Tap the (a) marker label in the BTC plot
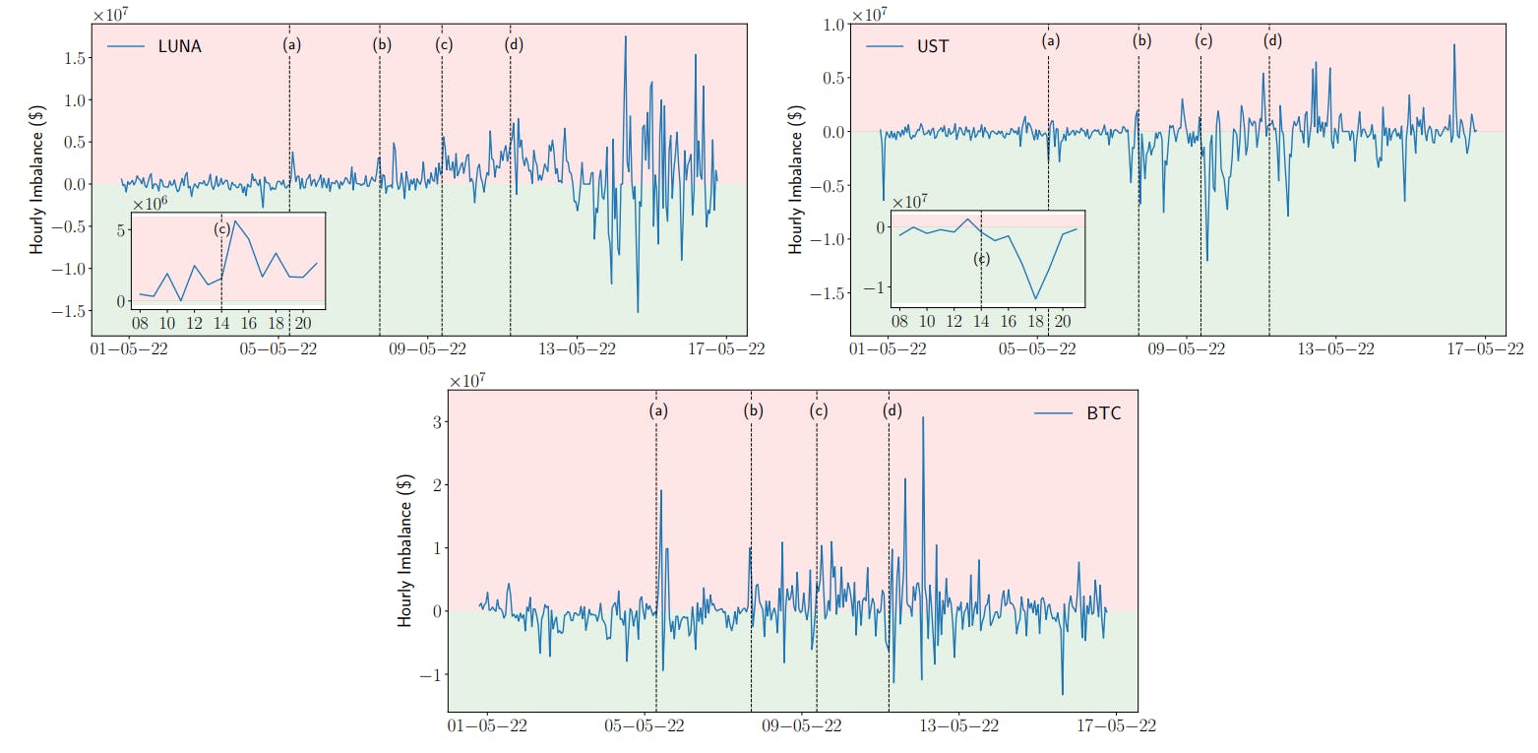658,410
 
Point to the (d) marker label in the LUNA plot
514,44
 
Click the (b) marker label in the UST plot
1141,41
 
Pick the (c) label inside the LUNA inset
222,228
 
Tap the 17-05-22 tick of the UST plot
1483,348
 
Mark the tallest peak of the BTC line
923,417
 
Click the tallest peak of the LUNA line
626,36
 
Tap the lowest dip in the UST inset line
1035,299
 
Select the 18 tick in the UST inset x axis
1035,322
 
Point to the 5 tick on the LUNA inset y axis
121,230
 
